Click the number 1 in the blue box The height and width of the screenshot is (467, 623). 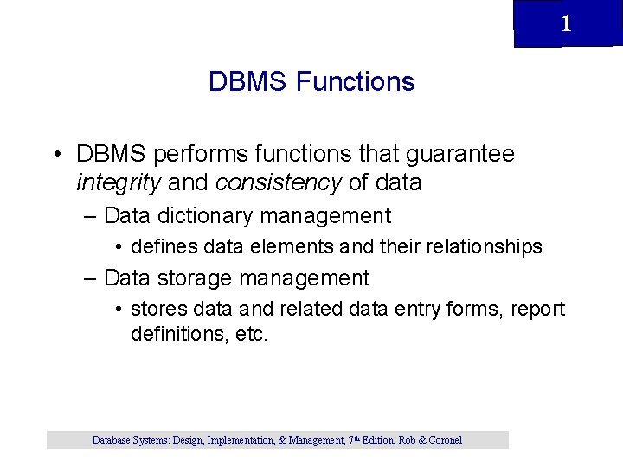point(566,24)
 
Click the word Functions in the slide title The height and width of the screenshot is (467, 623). point(355,82)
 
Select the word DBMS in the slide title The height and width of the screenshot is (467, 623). point(248,82)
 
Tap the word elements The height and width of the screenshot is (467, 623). point(291,247)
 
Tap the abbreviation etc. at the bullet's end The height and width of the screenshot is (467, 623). point(252,334)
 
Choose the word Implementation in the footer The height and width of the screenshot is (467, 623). point(235,440)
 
